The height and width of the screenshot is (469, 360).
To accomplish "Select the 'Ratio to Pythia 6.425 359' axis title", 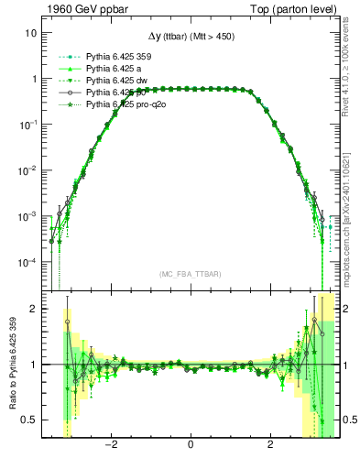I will (10, 365).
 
